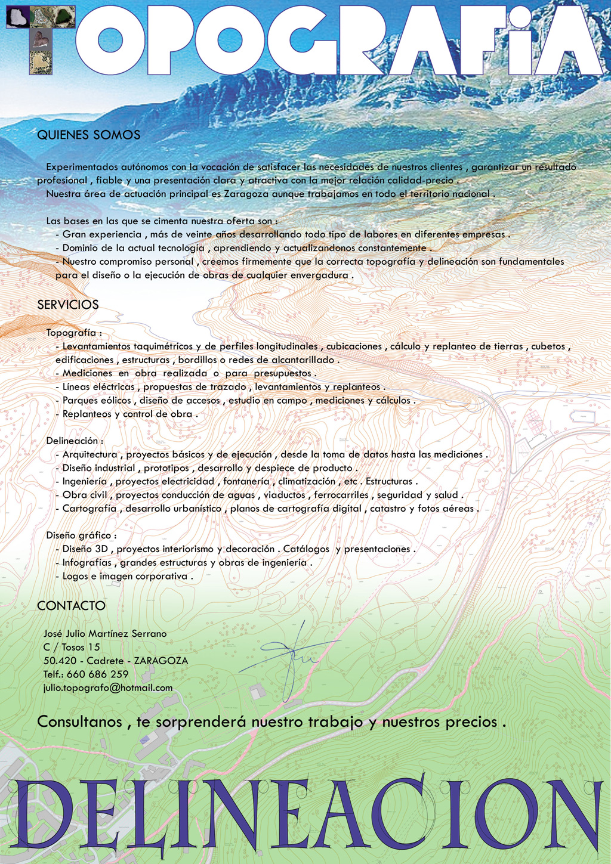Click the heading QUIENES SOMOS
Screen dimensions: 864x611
pyautogui.click(x=88, y=135)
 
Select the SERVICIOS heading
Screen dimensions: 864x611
pyautogui.click(x=67, y=305)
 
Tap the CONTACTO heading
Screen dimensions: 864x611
pyautogui.click(x=71, y=606)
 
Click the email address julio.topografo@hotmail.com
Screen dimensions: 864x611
pyautogui.click(x=108, y=688)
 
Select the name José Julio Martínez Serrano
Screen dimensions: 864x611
pyautogui.click(x=105, y=634)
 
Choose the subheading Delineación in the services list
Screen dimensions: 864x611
pyautogui.click(x=73, y=441)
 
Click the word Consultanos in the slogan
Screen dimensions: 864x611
pyautogui.click(x=79, y=722)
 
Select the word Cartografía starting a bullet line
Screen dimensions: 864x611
pyautogui.click(x=90, y=509)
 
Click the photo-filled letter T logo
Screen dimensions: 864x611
pyautogui.click(x=41, y=39)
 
